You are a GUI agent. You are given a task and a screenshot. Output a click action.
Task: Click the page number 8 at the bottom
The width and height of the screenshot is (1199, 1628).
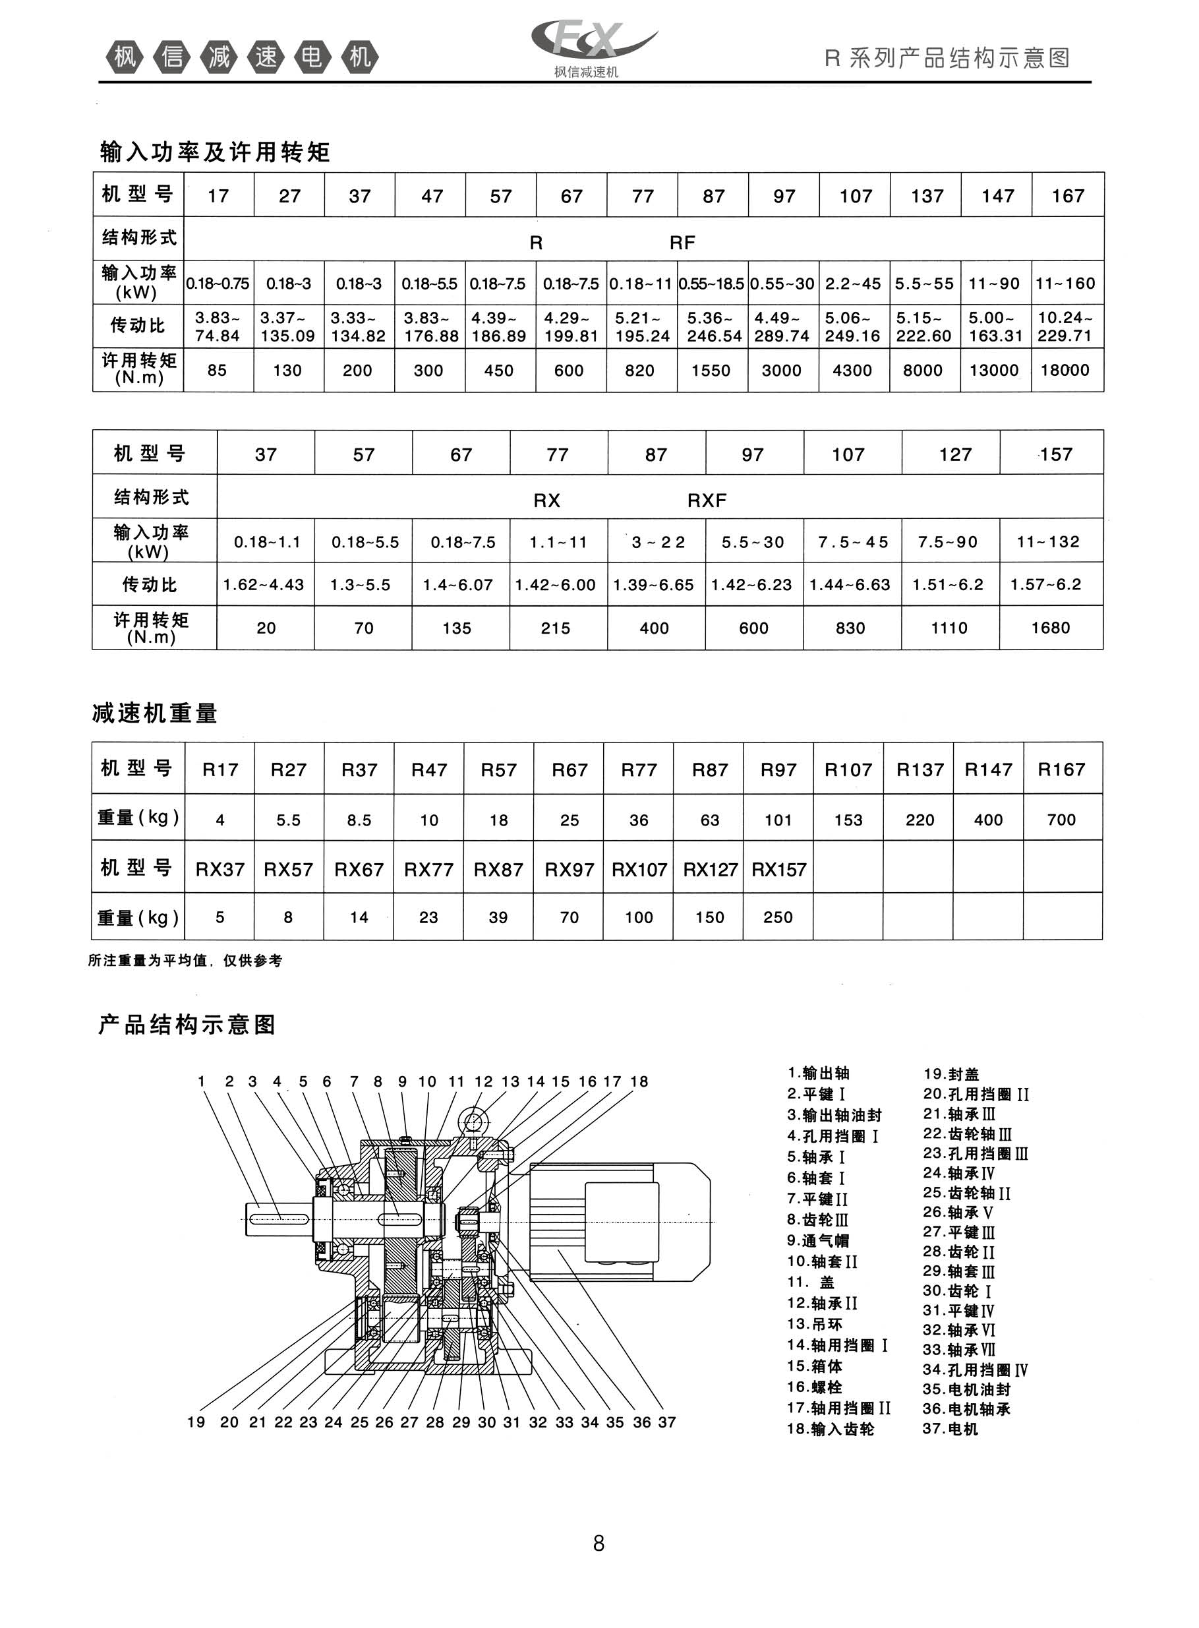599,1542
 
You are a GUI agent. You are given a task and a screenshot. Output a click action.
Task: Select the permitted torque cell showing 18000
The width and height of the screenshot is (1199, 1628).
1065,370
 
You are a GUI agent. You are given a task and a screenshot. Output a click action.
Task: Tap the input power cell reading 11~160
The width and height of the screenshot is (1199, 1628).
1065,283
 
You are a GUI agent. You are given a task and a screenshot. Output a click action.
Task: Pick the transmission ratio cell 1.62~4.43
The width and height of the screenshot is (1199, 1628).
264,584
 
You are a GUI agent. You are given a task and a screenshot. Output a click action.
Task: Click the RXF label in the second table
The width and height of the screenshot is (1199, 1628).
706,500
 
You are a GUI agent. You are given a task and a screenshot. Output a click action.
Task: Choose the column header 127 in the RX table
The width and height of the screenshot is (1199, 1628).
954,454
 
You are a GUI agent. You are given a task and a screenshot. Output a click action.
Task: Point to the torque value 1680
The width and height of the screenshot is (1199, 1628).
1050,628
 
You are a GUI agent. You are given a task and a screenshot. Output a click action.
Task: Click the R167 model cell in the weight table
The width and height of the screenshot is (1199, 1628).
1061,769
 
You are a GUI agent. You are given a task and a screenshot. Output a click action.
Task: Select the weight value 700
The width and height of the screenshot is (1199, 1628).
1061,820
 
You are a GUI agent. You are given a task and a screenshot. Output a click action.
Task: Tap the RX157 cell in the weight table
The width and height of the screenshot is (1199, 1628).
778,869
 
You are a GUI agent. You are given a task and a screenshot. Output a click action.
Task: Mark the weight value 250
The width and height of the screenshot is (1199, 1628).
778,917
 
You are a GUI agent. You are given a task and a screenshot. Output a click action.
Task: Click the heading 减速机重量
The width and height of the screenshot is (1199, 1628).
155,713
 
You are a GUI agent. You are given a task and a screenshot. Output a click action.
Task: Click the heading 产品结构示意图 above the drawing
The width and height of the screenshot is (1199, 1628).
187,1025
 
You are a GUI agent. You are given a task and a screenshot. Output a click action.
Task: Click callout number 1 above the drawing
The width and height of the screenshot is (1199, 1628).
202,1081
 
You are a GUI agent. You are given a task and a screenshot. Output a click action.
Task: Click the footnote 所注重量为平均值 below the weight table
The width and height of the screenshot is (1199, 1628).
185,961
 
